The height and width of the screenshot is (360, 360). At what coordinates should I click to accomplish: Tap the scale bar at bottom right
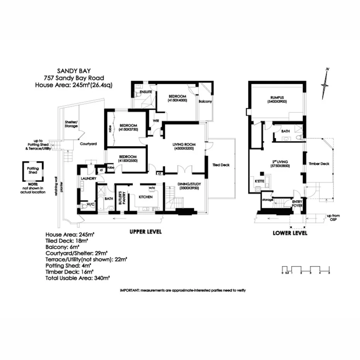pyautogui.click(x=306, y=269)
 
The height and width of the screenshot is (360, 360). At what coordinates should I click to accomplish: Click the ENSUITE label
pyautogui.click(x=146, y=93)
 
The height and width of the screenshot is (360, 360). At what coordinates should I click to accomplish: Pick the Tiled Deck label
pyautogui.click(x=221, y=165)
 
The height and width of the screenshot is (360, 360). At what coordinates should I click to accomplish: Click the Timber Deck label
pyautogui.click(x=319, y=164)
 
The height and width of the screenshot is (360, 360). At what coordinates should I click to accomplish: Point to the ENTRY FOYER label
pyautogui.click(x=297, y=204)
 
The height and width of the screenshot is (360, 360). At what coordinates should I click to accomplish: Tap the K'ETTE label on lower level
pyautogui.click(x=259, y=181)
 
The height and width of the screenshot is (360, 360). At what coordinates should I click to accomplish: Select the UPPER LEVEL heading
pyautogui.click(x=145, y=232)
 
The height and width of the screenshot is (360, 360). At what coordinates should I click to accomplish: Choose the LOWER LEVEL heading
pyautogui.click(x=290, y=233)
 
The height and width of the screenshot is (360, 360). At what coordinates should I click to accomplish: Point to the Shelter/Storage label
pyautogui.click(x=71, y=124)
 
